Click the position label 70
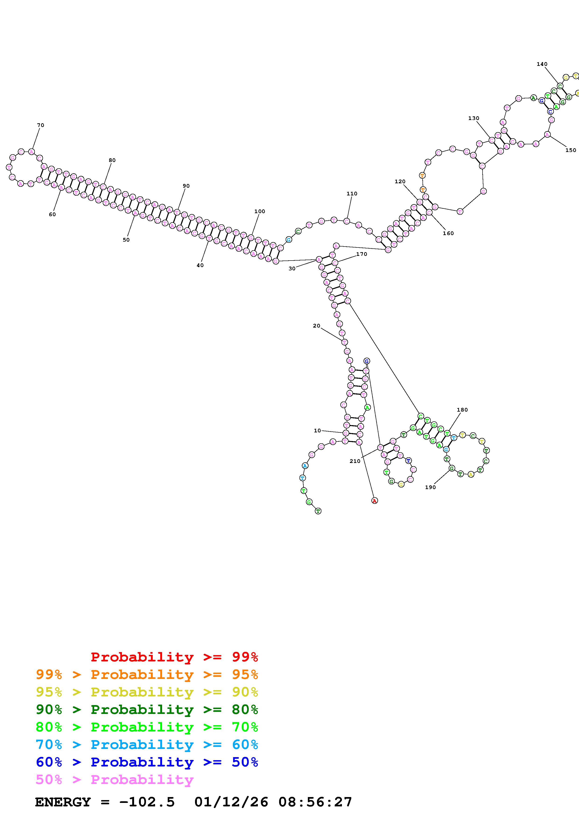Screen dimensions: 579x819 40,125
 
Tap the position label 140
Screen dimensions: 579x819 542,64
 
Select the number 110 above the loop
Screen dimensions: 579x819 352,194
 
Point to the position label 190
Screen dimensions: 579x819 430,487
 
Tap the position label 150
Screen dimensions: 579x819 570,150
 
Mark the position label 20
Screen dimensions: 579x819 316,326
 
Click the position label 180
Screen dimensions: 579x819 462,410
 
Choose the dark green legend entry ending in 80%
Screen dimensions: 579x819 147,710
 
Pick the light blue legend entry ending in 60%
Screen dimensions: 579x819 147,745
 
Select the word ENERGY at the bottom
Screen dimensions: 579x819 63,802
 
